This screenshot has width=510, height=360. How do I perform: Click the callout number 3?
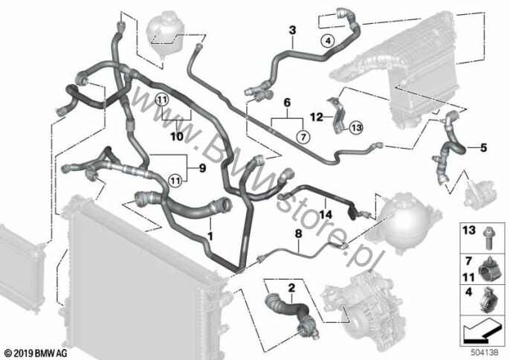(293, 30)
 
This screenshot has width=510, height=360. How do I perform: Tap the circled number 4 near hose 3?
(328, 41)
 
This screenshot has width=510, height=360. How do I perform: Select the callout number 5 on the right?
(484, 148)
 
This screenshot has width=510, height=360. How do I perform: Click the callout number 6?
(287, 103)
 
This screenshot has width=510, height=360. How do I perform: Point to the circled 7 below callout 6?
(303, 137)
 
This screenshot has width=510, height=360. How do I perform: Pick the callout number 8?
(299, 234)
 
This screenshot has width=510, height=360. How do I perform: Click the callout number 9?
(202, 168)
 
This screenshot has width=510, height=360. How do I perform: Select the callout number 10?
(177, 136)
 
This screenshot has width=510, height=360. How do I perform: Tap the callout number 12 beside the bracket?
(317, 117)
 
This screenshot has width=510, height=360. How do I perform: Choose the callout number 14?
(326, 214)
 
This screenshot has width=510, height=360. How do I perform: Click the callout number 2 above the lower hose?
(291, 288)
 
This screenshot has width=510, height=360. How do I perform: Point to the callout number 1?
(210, 236)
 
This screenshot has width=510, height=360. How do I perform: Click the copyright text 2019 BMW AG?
(36, 353)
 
